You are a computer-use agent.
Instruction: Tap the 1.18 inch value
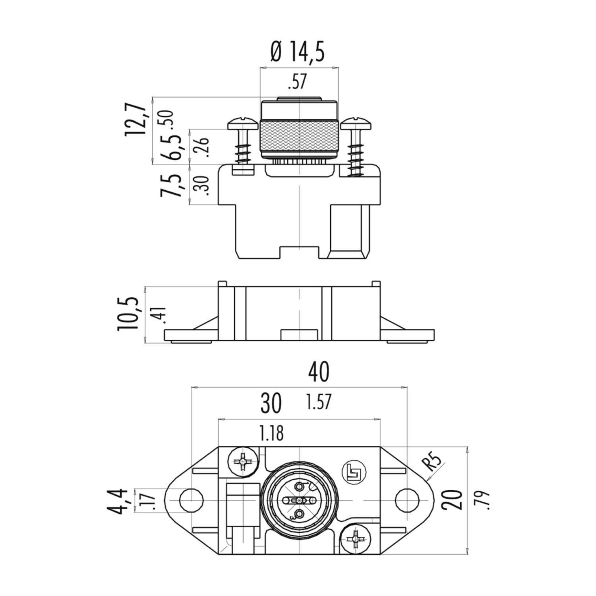pos(272,434)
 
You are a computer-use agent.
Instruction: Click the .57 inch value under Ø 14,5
pos(297,82)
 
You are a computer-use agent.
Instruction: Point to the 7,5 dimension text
pos(172,185)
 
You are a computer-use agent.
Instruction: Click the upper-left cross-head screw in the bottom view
pos(242,462)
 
